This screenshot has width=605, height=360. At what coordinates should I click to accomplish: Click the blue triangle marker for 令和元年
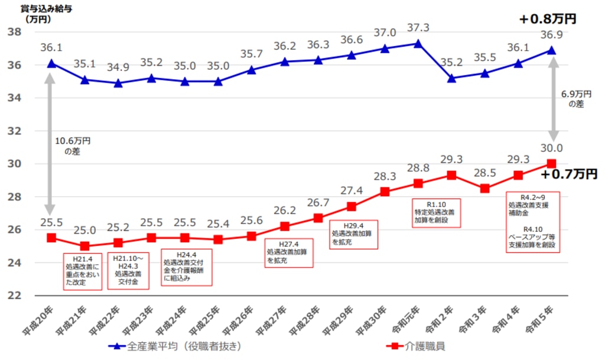[x=418, y=44]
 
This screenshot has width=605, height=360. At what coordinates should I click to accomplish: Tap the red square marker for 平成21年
[x=85, y=246]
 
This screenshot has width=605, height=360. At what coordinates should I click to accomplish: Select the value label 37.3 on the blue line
[x=418, y=28]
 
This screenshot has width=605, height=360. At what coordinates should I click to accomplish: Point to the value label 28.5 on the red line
[x=484, y=173]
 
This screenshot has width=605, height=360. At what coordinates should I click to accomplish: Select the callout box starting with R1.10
[x=438, y=212]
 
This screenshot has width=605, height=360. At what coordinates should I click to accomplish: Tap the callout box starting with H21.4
[x=83, y=271]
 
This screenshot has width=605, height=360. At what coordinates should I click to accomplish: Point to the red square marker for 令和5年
[x=551, y=164]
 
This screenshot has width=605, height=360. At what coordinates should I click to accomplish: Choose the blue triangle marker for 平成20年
[x=51, y=63]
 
